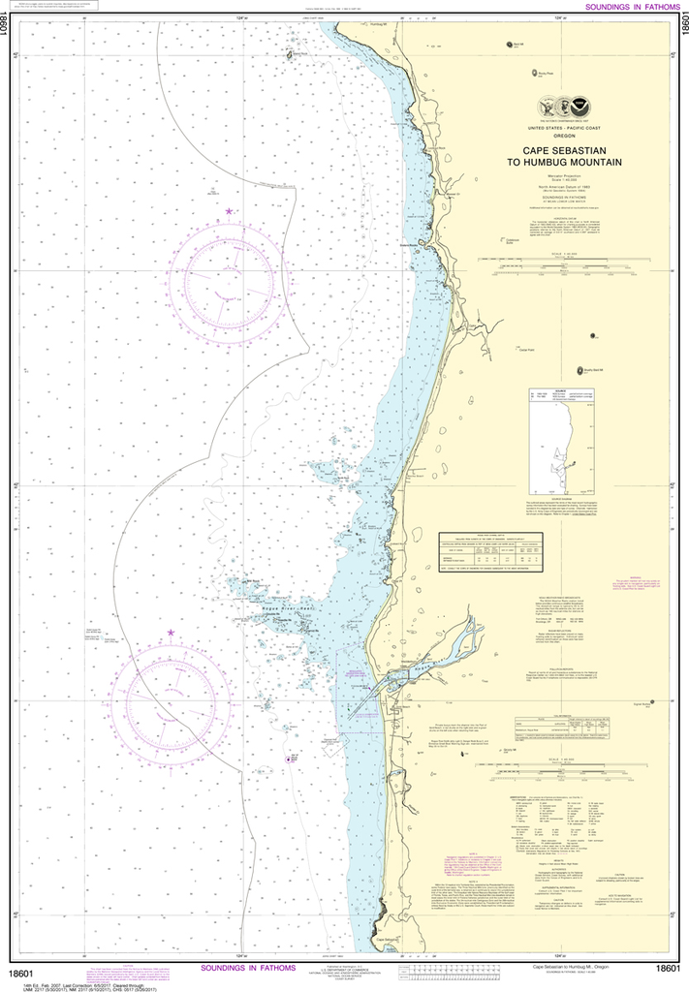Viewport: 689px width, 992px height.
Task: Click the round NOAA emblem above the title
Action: [x=579, y=105]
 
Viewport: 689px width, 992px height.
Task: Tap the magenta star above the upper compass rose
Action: [x=229, y=210]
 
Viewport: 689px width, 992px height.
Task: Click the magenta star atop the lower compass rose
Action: [x=171, y=633]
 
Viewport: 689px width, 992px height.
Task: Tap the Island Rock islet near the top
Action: [x=289, y=54]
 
